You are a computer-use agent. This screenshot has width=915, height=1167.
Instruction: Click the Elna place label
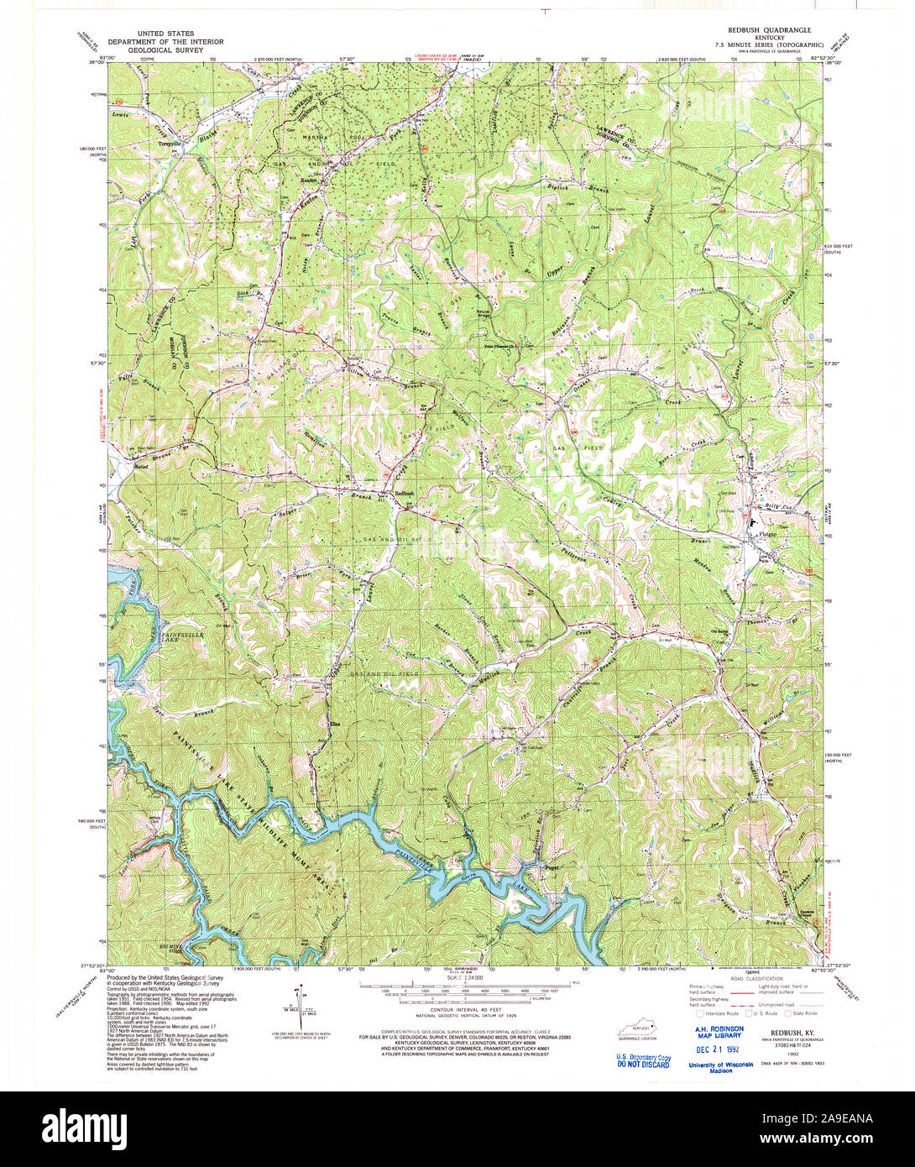(333, 723)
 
